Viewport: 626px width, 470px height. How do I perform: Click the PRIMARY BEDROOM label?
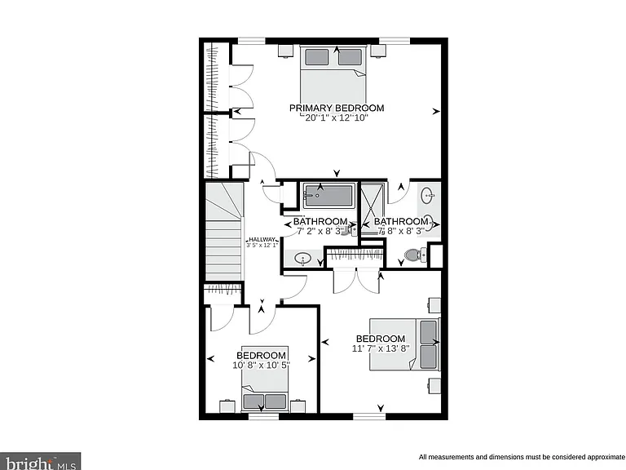pyautogui.click(x=337, y=108)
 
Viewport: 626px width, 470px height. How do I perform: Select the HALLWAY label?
pyautogui.click(x=262, y=240)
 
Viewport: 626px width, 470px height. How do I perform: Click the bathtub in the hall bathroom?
pyautogui.click(x=329, y=196)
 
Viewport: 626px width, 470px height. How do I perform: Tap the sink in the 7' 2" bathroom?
pyautogui.click(x=303, y=259)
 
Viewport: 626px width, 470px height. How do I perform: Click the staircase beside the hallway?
pyautogui.click(x=223, y=232)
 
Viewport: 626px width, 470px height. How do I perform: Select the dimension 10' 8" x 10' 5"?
pyautogui.click(x=261, y=365)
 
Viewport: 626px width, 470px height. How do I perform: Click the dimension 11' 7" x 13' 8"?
pyautogui.click(x=381, y=348)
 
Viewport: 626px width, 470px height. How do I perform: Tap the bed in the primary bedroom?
pyautogui.click(x=333, y=75)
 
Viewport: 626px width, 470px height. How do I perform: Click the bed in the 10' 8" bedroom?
pyautogui.click(x=264, y=379)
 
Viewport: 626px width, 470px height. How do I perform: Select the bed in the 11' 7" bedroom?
pyautogui.click(x=405, y=344)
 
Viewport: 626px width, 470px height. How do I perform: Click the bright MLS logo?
pyautogui.click(x=40, y=461)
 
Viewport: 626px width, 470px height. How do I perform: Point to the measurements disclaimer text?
pyautogui.click(x=522, y=457)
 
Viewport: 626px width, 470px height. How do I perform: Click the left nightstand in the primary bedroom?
pyautogui.click(x=286, y=51)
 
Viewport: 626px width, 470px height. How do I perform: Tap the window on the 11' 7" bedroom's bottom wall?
pyautogui.click(x=369, y=416)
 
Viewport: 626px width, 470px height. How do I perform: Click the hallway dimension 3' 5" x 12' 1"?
pyautogui.click(x=262, y=246)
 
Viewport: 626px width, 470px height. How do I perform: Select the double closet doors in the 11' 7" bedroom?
pyautogui.click(x=356, y=281)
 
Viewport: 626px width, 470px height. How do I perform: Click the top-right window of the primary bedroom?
pyautogui.click(x=395, y=40)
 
